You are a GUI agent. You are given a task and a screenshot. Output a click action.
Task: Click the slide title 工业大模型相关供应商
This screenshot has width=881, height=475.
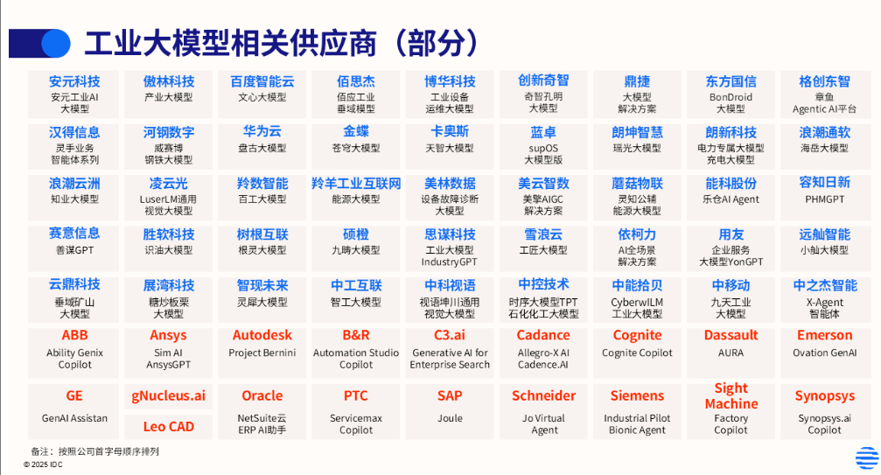pos(230,43)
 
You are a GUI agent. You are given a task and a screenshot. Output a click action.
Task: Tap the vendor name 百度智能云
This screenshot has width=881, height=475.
pos(262,81)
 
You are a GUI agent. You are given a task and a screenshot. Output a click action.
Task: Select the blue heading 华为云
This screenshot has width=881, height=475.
pos(262,132)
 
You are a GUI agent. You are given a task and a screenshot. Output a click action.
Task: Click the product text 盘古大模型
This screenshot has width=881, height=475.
pos(262,148)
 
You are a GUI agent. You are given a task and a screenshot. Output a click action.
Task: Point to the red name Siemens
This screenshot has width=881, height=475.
pos(637,395)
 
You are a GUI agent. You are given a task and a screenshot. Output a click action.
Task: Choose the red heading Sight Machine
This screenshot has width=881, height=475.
pos(731,395)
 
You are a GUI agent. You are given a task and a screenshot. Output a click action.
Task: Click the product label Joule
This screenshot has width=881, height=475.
pos(450,418)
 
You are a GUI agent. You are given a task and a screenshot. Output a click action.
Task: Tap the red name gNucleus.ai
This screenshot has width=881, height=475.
pos(169,395)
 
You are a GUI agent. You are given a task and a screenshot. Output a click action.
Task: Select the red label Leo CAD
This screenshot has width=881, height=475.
pos(169,427)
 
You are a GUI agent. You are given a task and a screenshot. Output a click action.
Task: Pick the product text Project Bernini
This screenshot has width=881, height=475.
pos(262,353)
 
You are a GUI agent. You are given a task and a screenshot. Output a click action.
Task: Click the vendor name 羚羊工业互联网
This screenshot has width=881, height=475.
pos(356,184)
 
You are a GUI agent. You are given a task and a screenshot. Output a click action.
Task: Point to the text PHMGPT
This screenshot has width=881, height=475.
pos(824,199)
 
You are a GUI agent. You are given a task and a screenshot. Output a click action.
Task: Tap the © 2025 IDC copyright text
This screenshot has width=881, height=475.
pos(43,465)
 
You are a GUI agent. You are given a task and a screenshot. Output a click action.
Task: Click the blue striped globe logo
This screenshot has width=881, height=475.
pos(867,458)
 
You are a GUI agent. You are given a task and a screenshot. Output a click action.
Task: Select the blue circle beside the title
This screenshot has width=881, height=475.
pos(56,43)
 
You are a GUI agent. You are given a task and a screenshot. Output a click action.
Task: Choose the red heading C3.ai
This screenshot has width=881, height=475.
pos(450,335)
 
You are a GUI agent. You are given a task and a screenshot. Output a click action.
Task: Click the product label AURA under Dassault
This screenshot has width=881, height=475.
pos(731,353)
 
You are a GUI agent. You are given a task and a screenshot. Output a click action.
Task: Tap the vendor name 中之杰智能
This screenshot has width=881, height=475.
pos(825,286)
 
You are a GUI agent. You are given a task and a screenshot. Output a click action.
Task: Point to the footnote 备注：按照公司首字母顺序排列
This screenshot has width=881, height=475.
pos(95,451)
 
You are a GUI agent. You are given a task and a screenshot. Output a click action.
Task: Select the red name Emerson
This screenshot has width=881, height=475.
pos(824,335)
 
